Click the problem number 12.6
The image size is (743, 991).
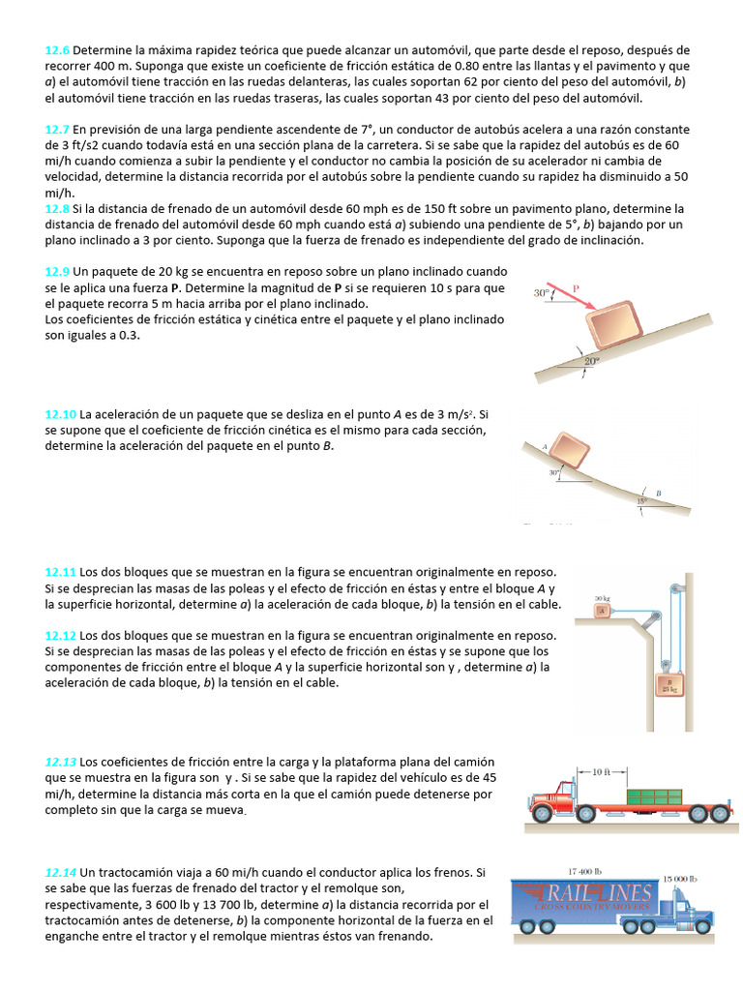pos(57,49)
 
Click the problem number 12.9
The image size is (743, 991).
pos(57,273)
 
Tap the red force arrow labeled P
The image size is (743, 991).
pos(578,300)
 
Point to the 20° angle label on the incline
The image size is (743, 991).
pos(591,361)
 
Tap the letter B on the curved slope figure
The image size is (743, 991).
pos(659,494)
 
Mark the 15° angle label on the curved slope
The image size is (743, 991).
pos(640,501)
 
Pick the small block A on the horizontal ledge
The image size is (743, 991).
pos(602,610)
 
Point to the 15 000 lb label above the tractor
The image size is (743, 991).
pos(679,878)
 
